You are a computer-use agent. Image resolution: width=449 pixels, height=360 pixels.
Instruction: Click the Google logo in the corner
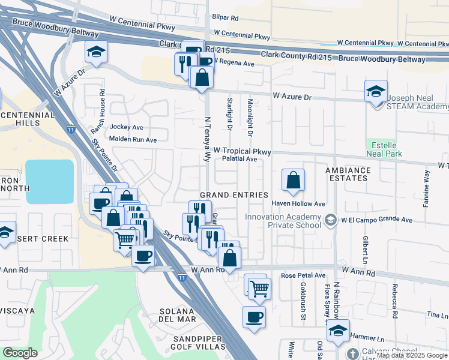click(20, 353)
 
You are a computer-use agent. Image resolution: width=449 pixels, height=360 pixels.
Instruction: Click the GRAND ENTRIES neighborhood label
click(234, 195)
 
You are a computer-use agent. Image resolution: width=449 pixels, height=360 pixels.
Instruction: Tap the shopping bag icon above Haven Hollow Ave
click(292, 180)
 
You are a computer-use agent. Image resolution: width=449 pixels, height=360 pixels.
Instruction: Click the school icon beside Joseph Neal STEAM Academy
click(376, 92)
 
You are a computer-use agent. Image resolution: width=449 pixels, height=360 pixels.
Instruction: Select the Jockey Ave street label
click(127, 127)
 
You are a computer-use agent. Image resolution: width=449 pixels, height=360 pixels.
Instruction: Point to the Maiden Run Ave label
click(133, 139)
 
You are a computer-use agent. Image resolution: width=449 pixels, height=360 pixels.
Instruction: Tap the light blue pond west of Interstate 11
click(49, 181)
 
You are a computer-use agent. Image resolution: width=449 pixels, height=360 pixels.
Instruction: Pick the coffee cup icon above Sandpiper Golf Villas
click(253, 316)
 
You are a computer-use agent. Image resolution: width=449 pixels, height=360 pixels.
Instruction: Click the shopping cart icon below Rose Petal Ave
click(259, 288)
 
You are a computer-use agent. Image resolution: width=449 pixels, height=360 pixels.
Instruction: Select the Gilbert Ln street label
click(364, 247)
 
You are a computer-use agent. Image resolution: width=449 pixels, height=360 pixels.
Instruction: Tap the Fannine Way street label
click(427, 189)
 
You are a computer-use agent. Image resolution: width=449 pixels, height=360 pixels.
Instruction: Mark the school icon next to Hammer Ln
click(339, 331)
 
